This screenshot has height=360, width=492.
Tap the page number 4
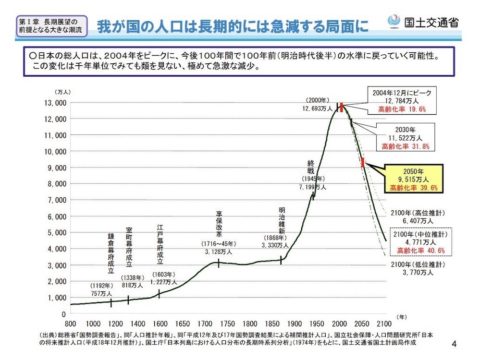[x=455, y=344]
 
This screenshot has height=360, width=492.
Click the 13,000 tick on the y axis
[x=54, y=103]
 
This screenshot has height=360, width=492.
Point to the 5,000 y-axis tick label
[x=54, y=232]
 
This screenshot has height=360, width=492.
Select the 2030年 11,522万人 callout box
[x=405, y=138]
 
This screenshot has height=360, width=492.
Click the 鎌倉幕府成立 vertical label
[x=111, y=253]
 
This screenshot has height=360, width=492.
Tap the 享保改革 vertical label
[x=219, y=224]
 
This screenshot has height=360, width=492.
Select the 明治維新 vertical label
[x=282, y=221]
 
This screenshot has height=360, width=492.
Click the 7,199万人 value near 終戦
[x=312, y=187]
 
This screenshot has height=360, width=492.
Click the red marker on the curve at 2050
[x=362, y=163]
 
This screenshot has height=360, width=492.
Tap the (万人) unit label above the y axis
[x=62, y=91]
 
